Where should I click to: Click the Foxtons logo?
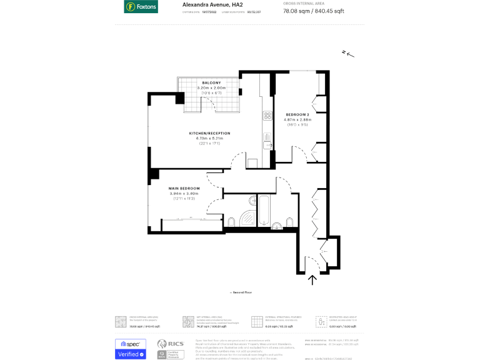click(x=141, y=7)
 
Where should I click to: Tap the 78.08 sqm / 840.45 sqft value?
click(x=313, y=11)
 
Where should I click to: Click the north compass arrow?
click(x=348, y=54)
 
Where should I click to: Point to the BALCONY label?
click(x=211, y=83)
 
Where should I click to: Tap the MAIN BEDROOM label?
click(x=184, y=188)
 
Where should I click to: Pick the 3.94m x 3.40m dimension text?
click(x=184, y=194)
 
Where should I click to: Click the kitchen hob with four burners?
click(x=267, y=116)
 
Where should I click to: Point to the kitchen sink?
click(x=267, y=146)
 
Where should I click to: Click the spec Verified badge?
click(x=131, y=349)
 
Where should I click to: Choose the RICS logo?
click(x=166, y=345)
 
